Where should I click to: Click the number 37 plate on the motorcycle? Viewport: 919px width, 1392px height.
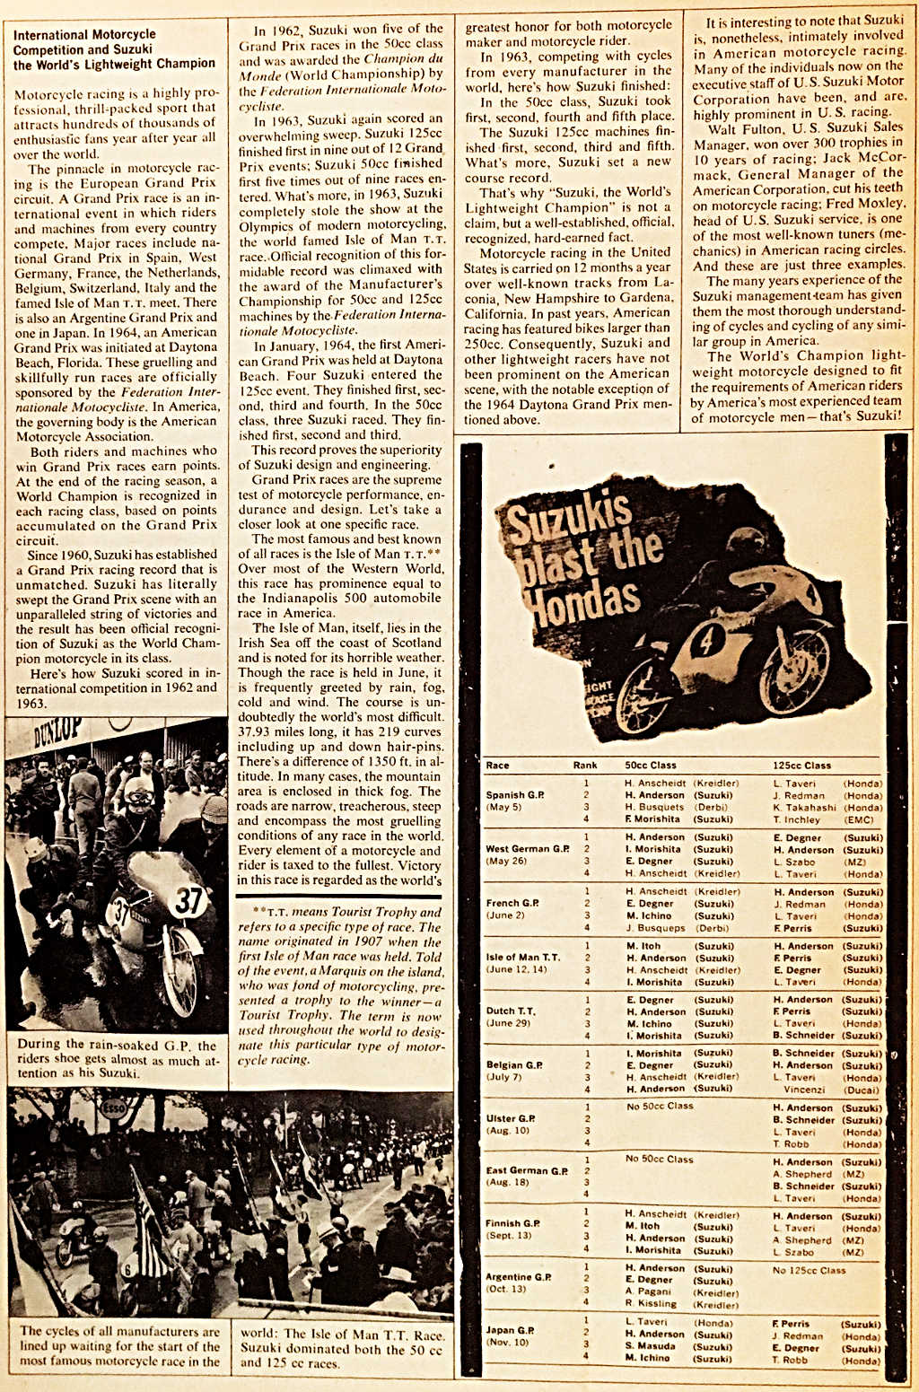pyautogui.click(x=188, y=900)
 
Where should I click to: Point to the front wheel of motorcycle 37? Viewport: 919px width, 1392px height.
pyautogui.click(x=186, y=968)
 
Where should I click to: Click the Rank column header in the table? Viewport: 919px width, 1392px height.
pyautogui.click(x=585, y=766)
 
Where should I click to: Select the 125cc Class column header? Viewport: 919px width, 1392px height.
pyautogui.click(x=801, y=766)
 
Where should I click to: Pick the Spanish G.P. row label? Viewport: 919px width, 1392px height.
pyautogui.click(x=514, y=795)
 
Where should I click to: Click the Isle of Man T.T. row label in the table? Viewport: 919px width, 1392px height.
pyautogui.click(x=522, y=958)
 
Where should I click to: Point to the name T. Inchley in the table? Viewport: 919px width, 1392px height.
pyautogui.click(x=796, y=819)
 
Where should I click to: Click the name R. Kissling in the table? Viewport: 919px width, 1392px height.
pyautogui.click(x=651, y=1304)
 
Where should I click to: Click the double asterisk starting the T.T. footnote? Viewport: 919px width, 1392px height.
pyautogui.click(x=258, y=912)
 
